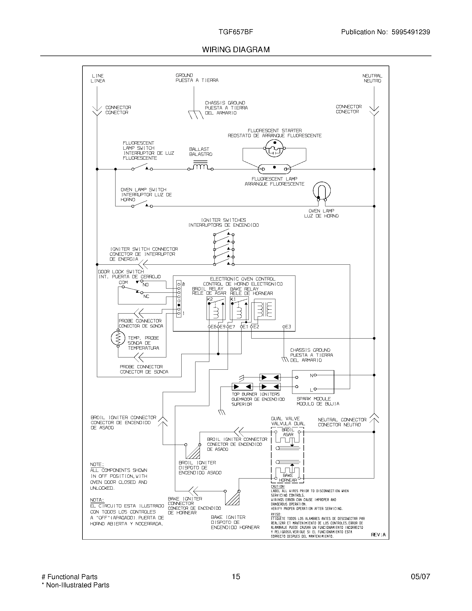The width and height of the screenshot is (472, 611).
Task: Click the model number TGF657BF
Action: pos(236,32)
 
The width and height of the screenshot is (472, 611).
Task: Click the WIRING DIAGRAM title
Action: pos(236,49)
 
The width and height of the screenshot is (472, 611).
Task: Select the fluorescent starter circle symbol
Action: pos(274,148)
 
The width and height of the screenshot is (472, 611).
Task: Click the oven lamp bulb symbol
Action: pos(322,191)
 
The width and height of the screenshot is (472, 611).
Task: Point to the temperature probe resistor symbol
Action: pos(118,339)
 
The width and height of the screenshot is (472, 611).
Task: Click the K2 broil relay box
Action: pos(216,309)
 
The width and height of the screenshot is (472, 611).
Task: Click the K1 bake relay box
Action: pos(239,309)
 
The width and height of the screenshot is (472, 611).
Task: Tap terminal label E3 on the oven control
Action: pos(288,327)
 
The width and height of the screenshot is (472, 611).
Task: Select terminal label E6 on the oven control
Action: pos(213,327)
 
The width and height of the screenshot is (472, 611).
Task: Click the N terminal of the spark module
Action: pos(311,375)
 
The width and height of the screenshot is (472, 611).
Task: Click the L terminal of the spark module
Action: pos(311,389)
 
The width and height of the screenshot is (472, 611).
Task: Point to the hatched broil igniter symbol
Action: pos(193,451)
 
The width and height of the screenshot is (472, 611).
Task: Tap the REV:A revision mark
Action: pos(378,535)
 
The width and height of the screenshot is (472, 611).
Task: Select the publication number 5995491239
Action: pos(410,32)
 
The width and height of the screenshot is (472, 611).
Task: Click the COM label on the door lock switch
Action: pos(123,282)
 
